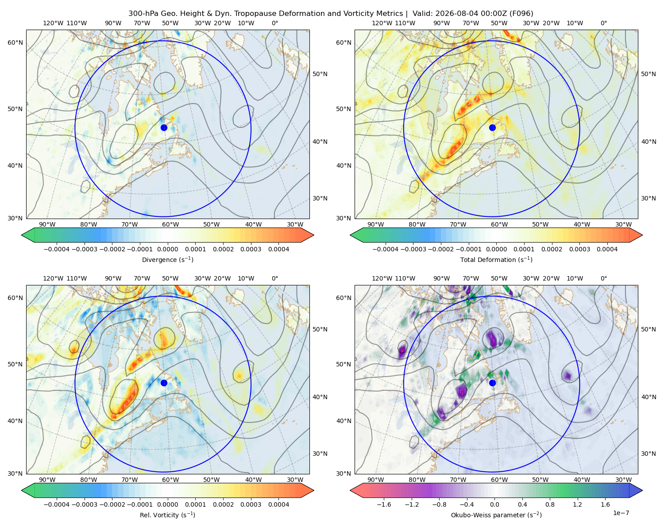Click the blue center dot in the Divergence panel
click(164, 127)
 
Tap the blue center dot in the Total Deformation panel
click(492, 127)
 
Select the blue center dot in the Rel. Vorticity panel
click(164, 383)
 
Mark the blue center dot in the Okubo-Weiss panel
click(492, 383)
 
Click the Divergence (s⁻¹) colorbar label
click(167, 259)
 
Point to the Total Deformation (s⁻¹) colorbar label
click(496, 259)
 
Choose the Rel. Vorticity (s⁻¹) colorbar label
click(167, 515)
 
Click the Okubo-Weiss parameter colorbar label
click(496, 515)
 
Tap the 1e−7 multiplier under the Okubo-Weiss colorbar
click(621, 513)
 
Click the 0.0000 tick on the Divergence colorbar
click(167, 249)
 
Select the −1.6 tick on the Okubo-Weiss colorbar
click(384, 504)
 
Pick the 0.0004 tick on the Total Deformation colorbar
click(607, 249)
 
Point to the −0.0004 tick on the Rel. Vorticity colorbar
click(57, 504)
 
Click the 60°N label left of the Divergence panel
click(15, 42)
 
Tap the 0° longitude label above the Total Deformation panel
click(603, 23)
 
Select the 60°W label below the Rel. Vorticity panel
click(170, 480)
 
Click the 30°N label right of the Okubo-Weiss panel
click(648, 453)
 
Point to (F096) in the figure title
click(521, 14)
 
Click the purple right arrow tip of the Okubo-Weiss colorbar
click(642, 490)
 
